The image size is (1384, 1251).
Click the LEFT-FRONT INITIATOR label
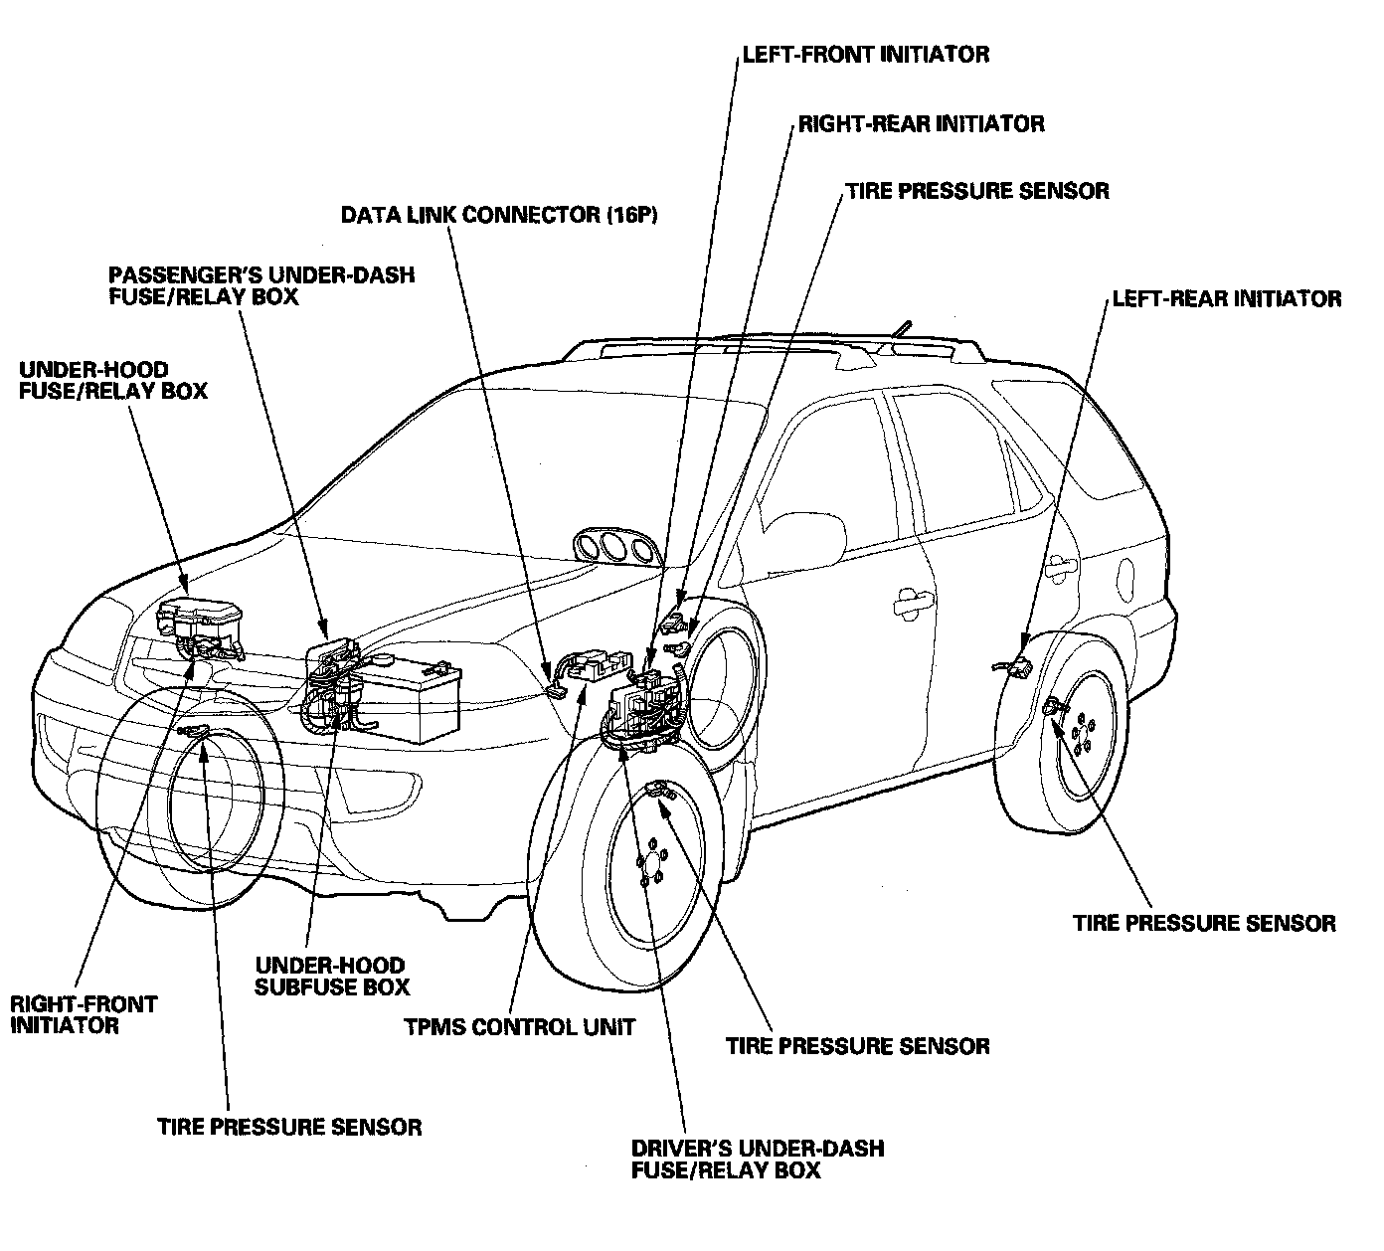coord(865,54)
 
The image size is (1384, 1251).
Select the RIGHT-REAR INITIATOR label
coord(921,124)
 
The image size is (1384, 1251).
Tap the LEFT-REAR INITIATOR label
coord(1226,298)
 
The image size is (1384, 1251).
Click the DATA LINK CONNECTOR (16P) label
coord(499,215)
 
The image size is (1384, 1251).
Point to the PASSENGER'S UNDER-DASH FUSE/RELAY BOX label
coord(261,285)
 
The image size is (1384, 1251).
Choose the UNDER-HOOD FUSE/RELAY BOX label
coord(113,380)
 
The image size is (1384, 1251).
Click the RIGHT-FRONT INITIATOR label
coord(84,1014)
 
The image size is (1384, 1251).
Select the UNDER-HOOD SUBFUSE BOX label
coord(332,976)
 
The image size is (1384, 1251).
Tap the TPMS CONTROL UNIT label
coord(519,1027)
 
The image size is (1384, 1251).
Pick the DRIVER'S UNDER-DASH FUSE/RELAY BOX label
coord(757,1159)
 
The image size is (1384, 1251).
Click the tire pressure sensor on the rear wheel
coord(1055,708)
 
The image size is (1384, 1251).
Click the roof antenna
coord(902,328)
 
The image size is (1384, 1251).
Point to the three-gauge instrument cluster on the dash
coord(616,549)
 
